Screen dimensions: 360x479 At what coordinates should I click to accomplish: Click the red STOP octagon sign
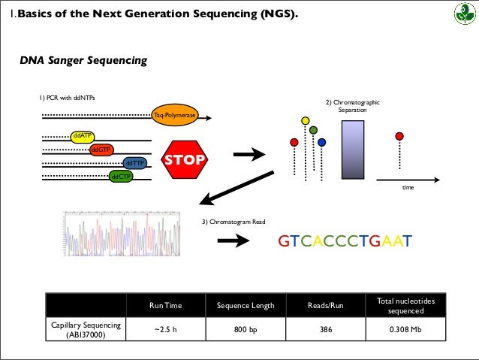pyautogui.click(x=185, y=159)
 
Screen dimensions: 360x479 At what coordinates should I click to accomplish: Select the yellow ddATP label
pyautogui.click(x=82, y=135)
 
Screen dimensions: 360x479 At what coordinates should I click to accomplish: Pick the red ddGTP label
pyautogui.click(x=101, y=150)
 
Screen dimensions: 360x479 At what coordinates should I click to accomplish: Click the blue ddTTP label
pyautogui.click(x=134, y=163)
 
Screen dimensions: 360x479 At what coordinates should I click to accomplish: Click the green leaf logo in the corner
pyautogui.click(x=460, y=14)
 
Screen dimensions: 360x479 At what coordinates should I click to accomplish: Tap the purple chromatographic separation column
pyautogui.click(x=353, y=151)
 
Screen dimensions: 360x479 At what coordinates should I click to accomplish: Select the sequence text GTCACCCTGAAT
pyautogui.click(x=345, y=241)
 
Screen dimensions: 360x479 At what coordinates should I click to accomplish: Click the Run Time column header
pyautogui.click(x=165, y=306)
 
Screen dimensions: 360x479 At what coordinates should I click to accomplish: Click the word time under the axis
pyautogui.click(x=408, y=187)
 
